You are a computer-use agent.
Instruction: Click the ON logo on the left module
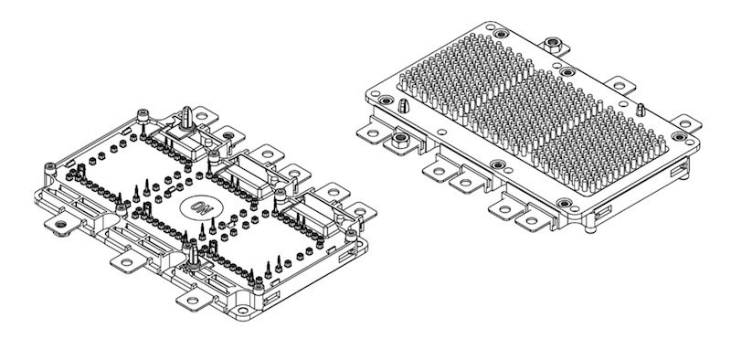pos(198,206)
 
